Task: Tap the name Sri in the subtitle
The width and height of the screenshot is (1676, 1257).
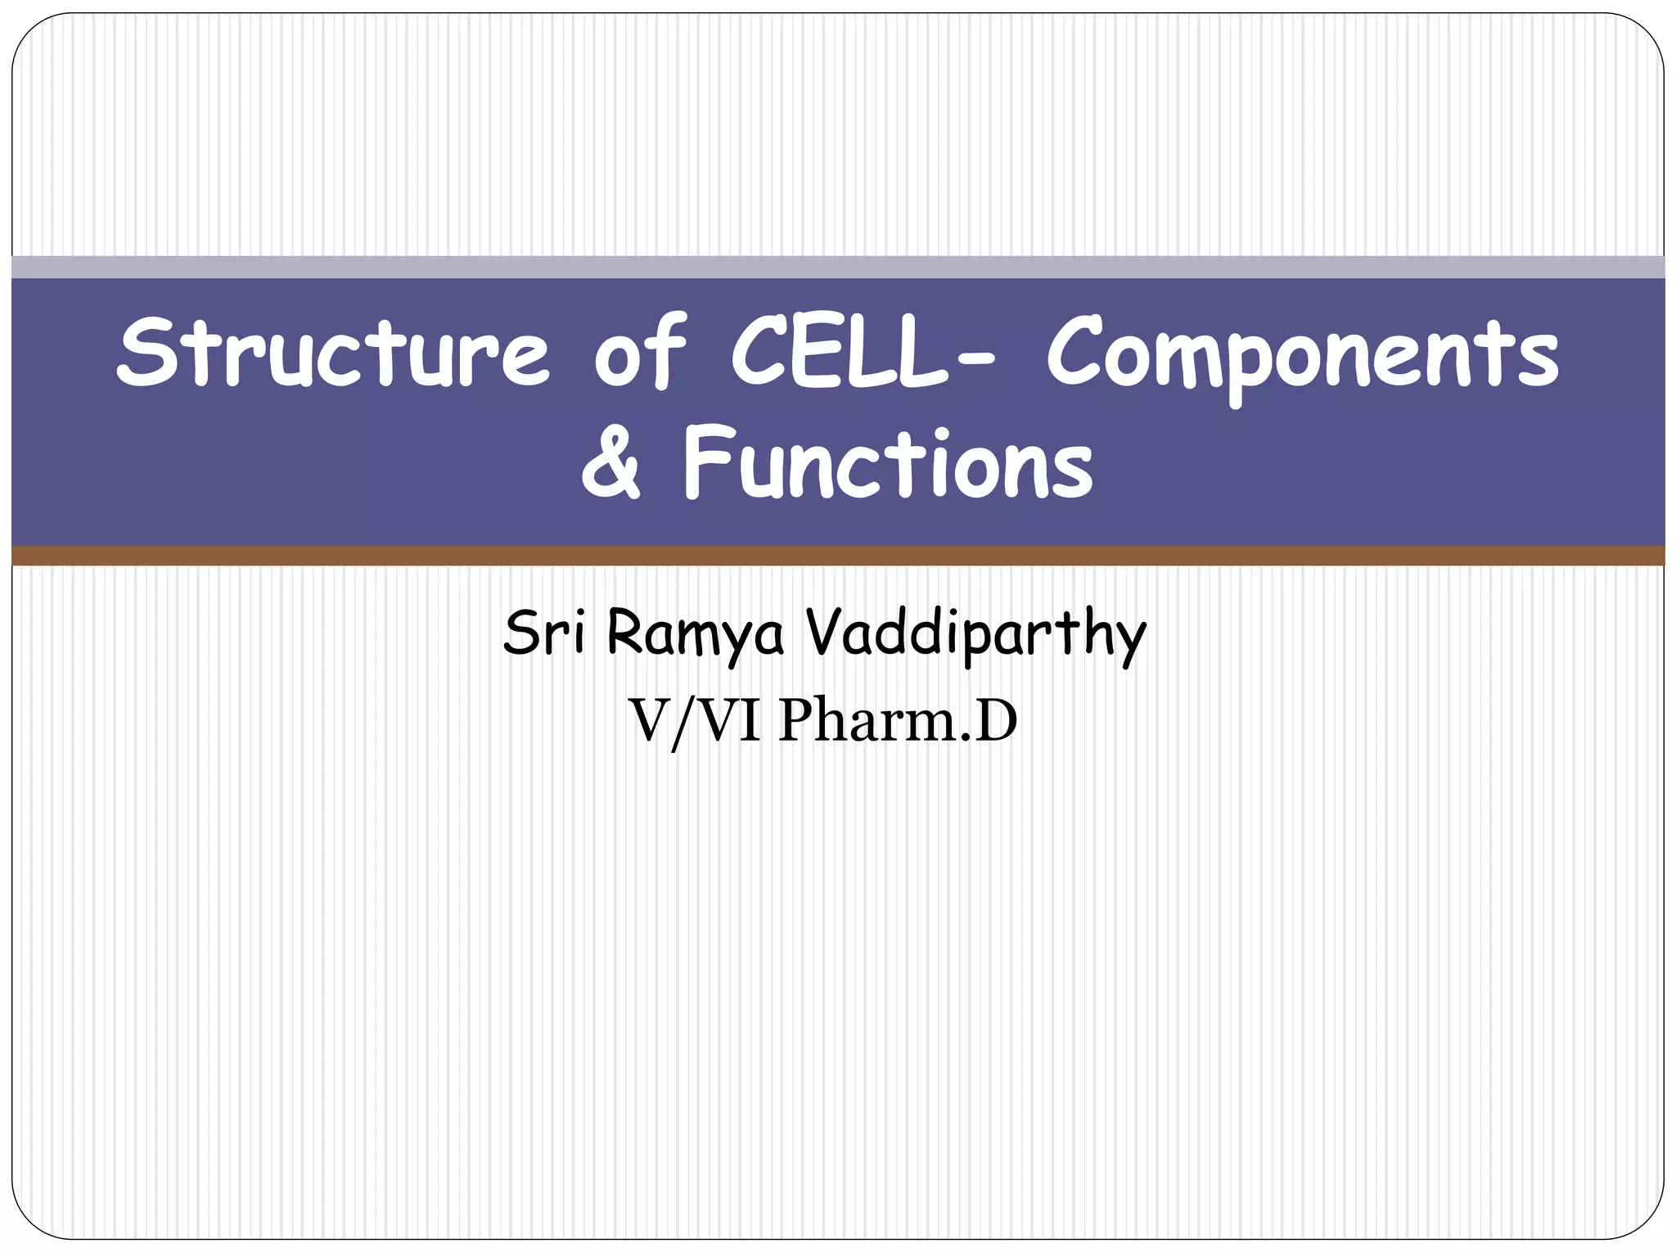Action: coord(544,633)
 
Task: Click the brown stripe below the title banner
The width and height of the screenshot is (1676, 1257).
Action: coord(838,556)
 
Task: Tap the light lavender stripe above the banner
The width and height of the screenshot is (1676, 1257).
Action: coord(838,267)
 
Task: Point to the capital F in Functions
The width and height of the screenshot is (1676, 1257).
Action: coord(705,462)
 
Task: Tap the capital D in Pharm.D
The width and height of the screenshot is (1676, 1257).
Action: coord(995,721)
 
